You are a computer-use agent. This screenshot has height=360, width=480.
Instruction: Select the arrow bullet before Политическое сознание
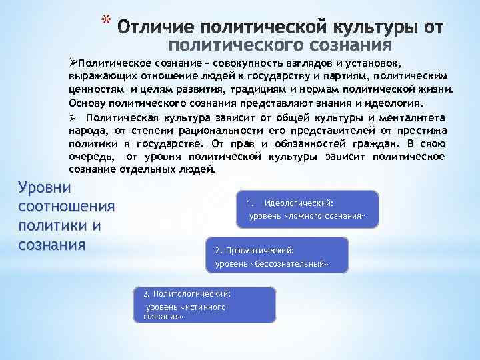(73, 62)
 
